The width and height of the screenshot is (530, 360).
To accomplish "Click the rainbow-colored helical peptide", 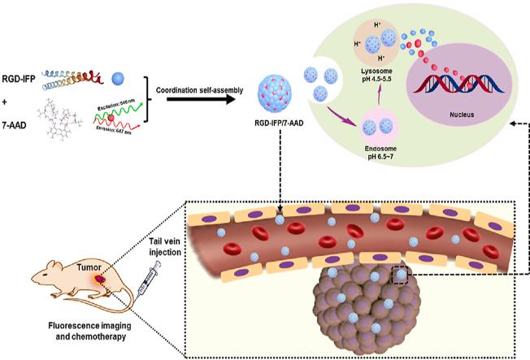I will [89, 76].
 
